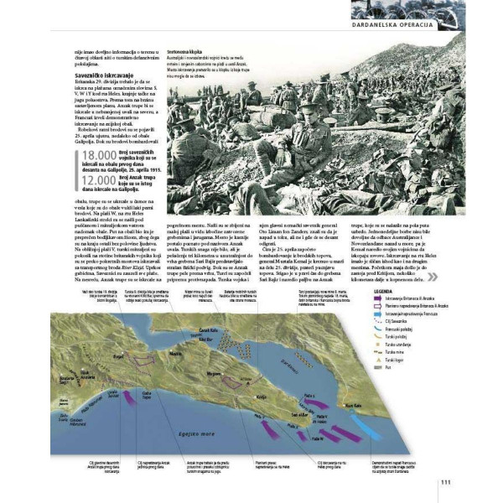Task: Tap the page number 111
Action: [445, 480]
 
